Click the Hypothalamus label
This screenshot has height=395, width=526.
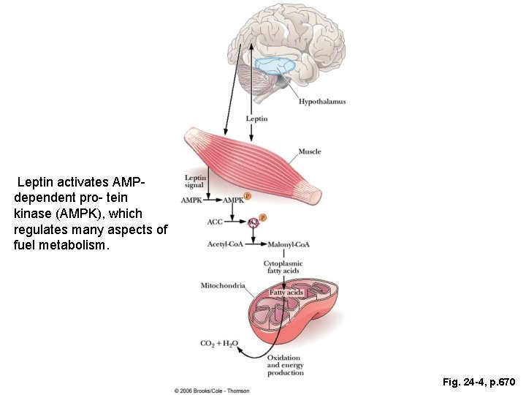coord(322,102)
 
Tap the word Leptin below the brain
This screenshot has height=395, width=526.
coord(256,118)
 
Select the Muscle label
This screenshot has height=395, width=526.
coord(309,151)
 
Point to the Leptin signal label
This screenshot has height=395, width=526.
coord(195,181)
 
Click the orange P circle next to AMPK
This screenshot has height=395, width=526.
coord(247,196)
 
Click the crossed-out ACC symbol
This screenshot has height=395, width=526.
coord(253,222)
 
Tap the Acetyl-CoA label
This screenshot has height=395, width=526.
coord(225,244)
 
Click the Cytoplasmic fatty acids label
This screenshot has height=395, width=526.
coord(283,267)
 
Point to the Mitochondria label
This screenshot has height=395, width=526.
coord(223,285)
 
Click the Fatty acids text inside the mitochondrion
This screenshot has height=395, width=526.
coord(286,293)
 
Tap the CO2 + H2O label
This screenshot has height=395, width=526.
coord(218,343)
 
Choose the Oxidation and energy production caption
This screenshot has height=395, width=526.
coord(285,365)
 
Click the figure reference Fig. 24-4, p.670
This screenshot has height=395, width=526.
coord(479,382)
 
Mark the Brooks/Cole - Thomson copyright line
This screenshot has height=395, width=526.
coord(212,391)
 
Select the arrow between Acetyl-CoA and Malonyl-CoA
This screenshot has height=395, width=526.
coord(256,244)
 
